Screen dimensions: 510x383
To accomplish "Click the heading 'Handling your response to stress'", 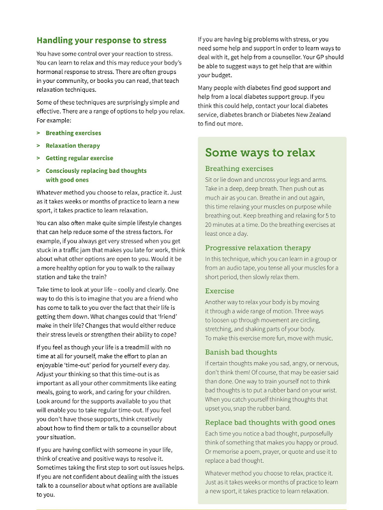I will tap(101, 40).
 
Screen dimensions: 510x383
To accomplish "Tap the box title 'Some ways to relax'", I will tap(260, 153).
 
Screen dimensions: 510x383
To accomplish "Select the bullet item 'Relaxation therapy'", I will tap(73, 145).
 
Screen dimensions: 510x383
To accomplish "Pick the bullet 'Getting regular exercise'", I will tap(79, 158).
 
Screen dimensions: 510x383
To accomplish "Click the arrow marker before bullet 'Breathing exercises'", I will tap(39, 133).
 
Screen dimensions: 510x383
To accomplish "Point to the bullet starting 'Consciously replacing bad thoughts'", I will tap(96, 171).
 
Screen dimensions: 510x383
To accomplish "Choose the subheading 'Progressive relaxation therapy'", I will tap(258, 247).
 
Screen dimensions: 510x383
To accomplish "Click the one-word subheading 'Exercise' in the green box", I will tap(220, 291).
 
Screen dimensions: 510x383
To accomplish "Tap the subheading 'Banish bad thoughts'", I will tap(241, 352).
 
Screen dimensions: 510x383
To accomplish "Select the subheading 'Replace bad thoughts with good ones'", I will tap(270, 422).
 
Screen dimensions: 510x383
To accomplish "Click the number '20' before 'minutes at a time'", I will tap(209, 216).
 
